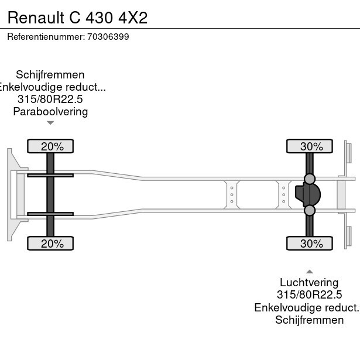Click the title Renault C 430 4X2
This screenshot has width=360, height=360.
coord(77,17)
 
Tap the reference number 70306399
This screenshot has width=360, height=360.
coord(108,37)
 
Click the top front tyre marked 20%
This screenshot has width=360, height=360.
coord(51,146)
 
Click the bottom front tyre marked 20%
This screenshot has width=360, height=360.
coord(51,244)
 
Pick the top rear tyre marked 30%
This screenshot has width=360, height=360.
coord(310,146)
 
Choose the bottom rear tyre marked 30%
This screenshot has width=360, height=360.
coord(310,244)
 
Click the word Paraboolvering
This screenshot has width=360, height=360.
coord(50,112)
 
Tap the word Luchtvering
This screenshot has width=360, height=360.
coord(309,283)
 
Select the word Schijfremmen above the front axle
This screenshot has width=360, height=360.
coord(50,75)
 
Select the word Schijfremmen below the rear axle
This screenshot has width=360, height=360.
coord(309,320)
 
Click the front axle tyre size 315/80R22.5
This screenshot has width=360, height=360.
coord(50,100)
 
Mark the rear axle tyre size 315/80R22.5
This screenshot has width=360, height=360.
coord(309,295)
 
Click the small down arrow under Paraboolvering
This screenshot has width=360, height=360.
coord(50,123)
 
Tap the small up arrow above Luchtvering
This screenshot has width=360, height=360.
coord(309,272)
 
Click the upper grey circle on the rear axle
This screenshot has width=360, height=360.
coord(310,179)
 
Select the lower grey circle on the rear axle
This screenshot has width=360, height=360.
coord(310,210)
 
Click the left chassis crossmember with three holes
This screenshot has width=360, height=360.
coord(232,194)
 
